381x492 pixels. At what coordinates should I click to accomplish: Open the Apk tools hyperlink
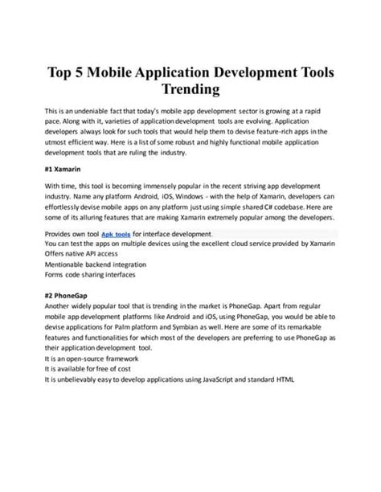(x=118, y=232)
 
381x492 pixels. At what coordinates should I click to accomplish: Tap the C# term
(x=275, y=206)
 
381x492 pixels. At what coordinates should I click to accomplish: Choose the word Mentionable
(x=67, y=262)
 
